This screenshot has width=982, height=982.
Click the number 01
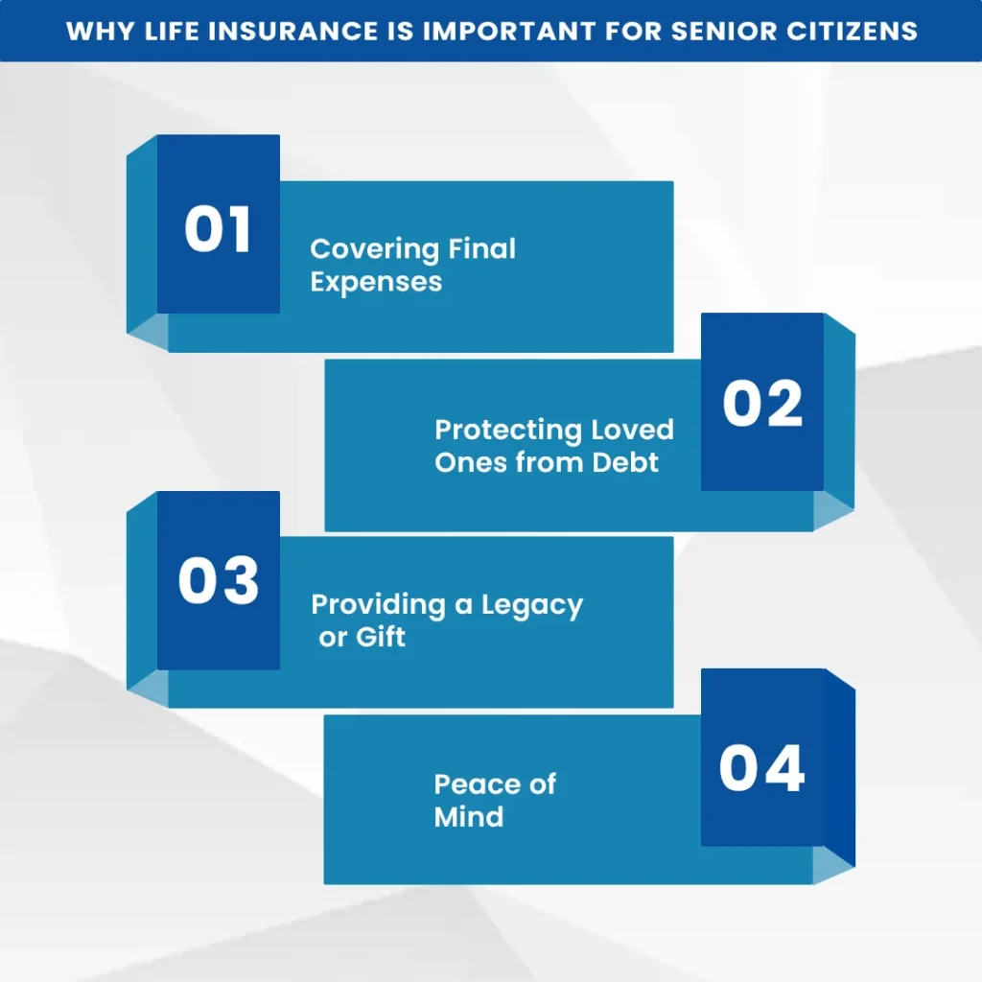[218, 230]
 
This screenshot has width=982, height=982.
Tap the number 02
[762, 404]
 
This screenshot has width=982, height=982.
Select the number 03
[219, 581]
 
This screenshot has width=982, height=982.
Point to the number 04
[762, 768]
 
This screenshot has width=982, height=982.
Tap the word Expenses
[376, 283]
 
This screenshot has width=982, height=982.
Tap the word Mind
[468, 817]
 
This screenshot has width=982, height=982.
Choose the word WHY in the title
[94, 31]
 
